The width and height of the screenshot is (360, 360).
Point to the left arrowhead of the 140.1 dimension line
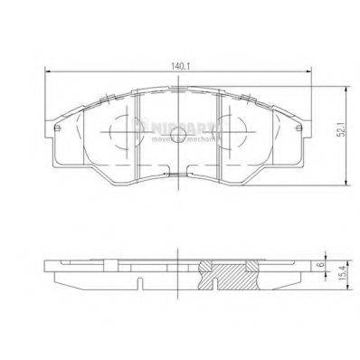(47, 72)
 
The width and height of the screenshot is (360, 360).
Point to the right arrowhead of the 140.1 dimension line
(310, 72)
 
